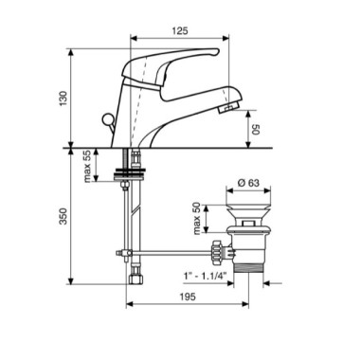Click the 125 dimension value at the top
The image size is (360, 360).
pos(180,31)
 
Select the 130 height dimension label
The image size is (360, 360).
pos(63,99)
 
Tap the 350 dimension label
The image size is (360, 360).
pos(63,216)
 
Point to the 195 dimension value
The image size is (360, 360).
pos(188,297)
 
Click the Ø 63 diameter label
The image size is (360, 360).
pos(248,183)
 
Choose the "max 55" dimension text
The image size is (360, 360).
pos(87,166)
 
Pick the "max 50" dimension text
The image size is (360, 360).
pos(197,219)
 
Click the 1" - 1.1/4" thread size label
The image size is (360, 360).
pos(206,276)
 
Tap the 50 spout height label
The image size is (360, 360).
pos(255,129)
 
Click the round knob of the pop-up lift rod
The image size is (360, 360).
pos(106,119)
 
